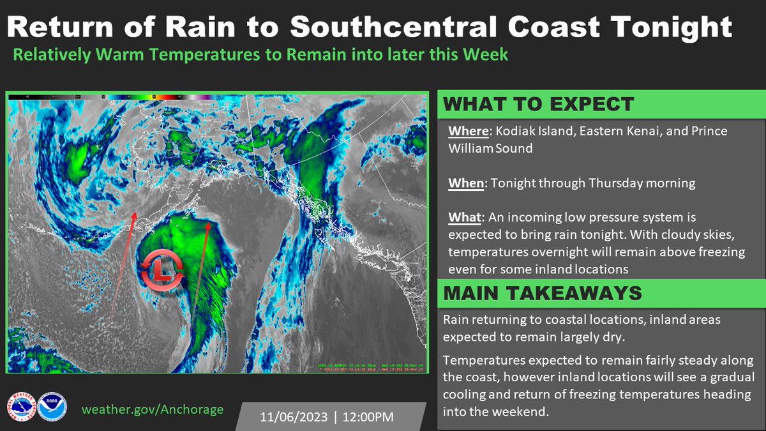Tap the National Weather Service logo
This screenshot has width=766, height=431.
pos(21,407)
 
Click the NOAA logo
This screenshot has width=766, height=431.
pos(52,407)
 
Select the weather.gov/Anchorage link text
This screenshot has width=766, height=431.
pos(153,409)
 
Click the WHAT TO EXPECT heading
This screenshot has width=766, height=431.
pos(538,104)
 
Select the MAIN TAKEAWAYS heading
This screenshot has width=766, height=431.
pos(542,293)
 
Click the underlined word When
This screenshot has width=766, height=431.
pos(465,183)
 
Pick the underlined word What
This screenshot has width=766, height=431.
pos(464,218)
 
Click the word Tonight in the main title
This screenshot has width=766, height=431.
pos(679,27)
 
